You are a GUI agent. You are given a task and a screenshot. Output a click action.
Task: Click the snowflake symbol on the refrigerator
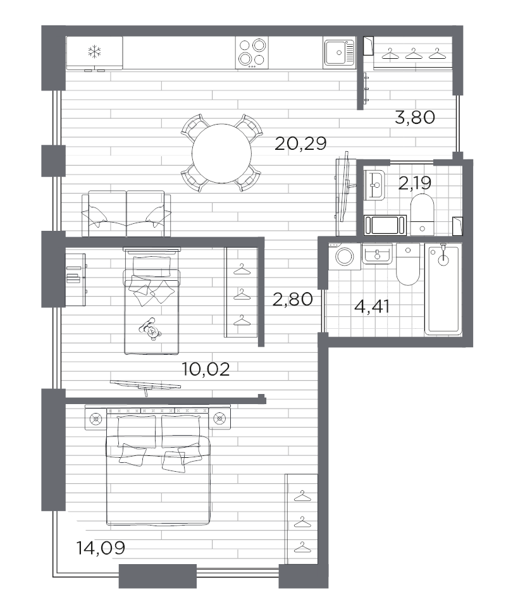(94, 52)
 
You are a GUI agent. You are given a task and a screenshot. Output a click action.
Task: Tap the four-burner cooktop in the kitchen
(252, 53)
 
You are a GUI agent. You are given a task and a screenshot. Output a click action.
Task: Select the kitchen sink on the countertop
(339, 52)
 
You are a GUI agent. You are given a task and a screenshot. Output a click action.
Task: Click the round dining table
(222, 153)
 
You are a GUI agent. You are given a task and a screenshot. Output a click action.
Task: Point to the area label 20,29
(300, 144)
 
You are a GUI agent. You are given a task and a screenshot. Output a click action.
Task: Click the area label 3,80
(415, 117)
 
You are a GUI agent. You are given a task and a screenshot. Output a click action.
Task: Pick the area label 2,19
(415, 183)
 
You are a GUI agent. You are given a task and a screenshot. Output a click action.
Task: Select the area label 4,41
(372, 307)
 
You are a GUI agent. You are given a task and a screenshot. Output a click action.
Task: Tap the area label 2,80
(293, 300)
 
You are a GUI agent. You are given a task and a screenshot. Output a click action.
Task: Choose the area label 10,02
(206, 369)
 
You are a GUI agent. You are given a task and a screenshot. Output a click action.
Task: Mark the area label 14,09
(101, 548)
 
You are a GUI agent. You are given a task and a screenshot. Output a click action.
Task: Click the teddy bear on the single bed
(150, 329)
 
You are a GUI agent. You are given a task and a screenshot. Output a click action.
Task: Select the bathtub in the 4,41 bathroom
(443, 289)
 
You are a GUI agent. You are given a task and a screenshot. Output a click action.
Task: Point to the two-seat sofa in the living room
(126, 213)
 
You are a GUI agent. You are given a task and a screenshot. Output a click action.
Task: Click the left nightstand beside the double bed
(95, 419)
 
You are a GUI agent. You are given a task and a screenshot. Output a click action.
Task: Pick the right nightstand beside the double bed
(220, 419)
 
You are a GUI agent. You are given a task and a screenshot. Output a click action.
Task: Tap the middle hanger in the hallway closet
(413, 53)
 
